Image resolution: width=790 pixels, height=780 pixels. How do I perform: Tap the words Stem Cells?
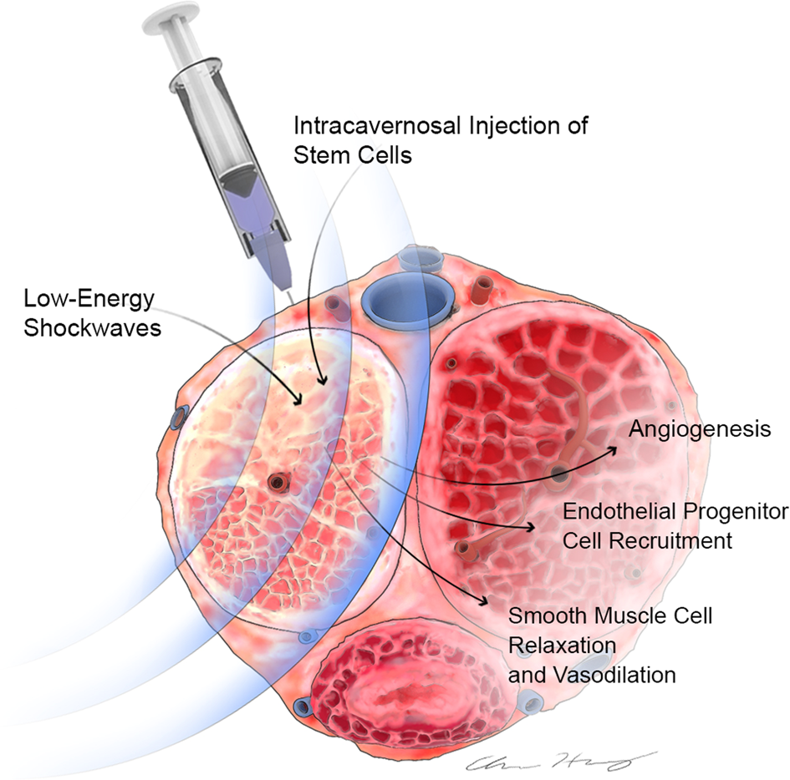tap(352, 155)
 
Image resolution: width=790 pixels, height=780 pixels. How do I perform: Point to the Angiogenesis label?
tap(699, 430)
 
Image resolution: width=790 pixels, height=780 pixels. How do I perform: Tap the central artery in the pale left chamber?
tap(277, 481)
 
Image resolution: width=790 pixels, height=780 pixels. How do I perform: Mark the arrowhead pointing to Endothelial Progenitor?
tap(533, 527)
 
